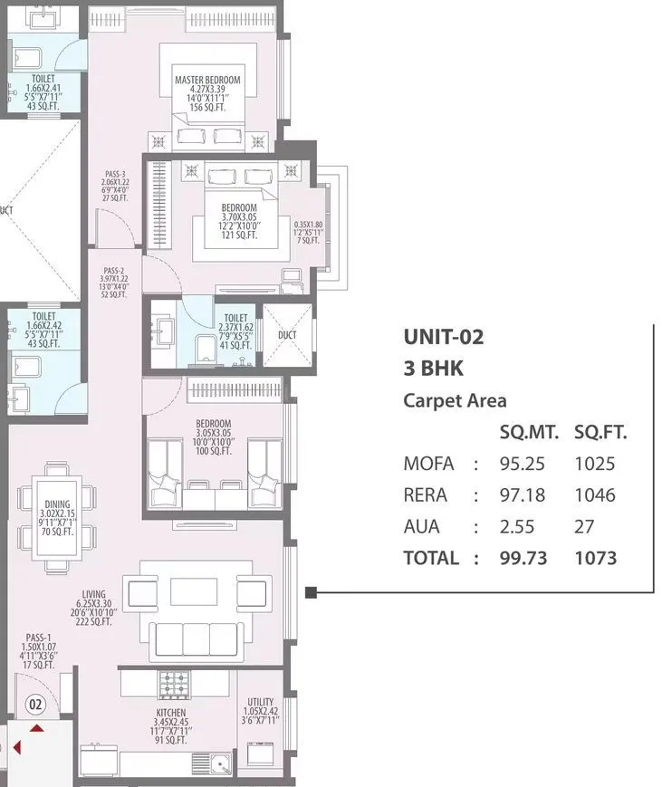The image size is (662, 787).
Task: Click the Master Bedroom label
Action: coord(207,81)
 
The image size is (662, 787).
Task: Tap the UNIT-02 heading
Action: coord(443,338)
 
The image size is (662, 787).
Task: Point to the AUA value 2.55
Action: coord(517,526)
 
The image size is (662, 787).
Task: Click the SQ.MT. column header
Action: coord(529,433)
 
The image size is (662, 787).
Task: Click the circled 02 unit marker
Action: coord(35,703)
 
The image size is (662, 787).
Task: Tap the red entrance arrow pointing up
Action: coord(36,727)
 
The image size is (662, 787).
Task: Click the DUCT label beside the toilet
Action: coord(286,334)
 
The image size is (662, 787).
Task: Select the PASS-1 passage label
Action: coord(36,637)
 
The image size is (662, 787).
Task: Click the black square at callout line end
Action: coord(311,592)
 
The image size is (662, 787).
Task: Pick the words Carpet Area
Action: coord(455,400)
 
